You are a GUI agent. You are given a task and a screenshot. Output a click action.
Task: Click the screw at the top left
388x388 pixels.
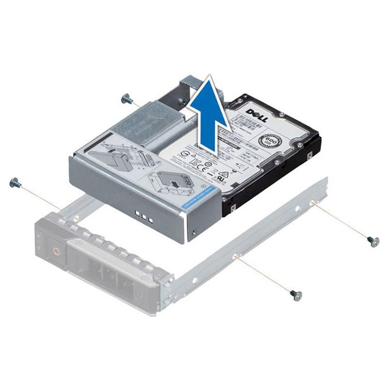pos(127,99)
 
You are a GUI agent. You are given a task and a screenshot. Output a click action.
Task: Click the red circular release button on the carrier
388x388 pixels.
pos(56,252)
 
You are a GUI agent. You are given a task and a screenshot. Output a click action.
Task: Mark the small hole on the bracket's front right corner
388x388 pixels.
pos(194,232)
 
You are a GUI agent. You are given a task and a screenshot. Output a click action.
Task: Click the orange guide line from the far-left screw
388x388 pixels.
pos(41,198)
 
